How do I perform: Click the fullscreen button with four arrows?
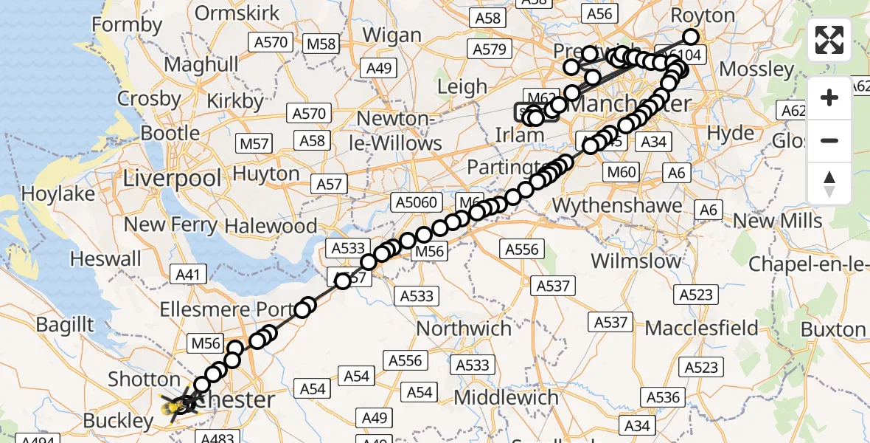click(829, 40)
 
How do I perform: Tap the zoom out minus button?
click(829, 140)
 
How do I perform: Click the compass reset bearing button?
click(829, 184)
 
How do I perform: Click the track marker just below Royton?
click(691, 37)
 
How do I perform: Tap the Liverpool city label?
click(172, 178)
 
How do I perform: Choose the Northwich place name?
click(464, 328)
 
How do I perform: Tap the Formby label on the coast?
click(127, 25)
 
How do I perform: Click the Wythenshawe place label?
click(617, 205)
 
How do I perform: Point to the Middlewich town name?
click(506, 398)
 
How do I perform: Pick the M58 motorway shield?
click(321, 44)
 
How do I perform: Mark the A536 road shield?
click(663, 398)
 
